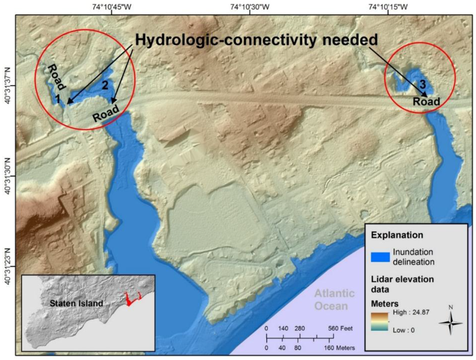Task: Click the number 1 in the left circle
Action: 58,99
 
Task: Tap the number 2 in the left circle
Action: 105,85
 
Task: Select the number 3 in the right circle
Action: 422,85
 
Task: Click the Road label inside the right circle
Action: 426,101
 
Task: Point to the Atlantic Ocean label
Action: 334,300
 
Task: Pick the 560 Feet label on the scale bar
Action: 341,328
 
